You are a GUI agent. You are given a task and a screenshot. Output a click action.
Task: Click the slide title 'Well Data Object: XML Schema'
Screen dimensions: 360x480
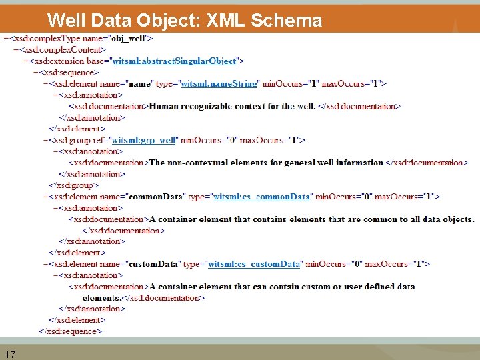[x=185, y=20]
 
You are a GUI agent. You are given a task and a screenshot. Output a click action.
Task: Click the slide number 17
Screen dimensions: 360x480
[x=10, y=354]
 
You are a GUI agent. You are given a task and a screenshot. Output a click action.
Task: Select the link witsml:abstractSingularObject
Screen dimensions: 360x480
[x=174, y=61]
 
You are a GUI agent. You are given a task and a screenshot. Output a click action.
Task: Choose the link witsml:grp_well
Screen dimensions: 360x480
[x=143, y=140]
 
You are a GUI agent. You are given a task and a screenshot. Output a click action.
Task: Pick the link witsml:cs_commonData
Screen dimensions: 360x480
[x=261, y=197]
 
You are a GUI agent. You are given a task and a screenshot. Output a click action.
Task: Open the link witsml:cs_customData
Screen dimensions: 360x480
[x=254, y=264]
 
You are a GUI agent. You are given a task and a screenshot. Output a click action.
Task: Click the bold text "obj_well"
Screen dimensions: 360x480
[x=132, y=39]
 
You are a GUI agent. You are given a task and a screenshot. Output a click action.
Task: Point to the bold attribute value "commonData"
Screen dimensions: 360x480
[x=152, y=197]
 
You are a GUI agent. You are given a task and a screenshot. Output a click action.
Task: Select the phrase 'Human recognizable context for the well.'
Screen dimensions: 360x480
[x=232, y=106]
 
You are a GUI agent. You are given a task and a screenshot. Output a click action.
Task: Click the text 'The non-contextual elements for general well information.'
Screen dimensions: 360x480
[x=267, y=163]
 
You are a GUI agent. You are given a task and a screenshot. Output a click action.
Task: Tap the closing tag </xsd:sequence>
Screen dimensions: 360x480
[x=70, y=331]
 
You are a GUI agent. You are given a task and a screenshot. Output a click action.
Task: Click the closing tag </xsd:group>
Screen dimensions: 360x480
[x=75, y=185]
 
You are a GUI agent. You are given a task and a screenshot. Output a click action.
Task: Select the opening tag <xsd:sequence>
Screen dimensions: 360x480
[x=69, y=72]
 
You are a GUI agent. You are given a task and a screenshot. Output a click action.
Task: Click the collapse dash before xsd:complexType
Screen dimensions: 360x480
[x=6, y=39]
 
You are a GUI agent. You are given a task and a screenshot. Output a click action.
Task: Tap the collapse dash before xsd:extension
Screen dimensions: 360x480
[x=25, y=61]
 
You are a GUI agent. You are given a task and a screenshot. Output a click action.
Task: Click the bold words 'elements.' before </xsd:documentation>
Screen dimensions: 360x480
[x=102, y=298]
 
